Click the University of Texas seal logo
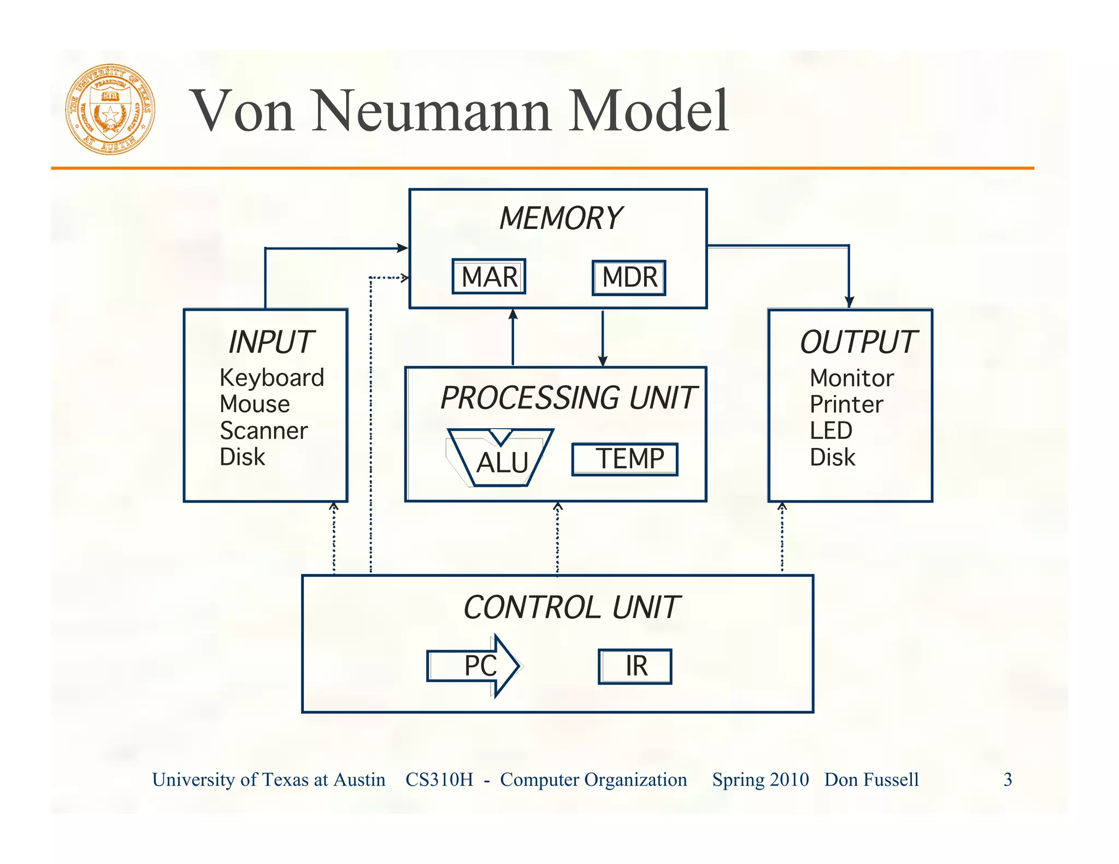pos(110,109)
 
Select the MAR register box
pos(489,277)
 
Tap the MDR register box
pos(629,277)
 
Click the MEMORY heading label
pos(561,218)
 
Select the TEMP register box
pos(625,459)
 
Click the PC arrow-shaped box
pos(473,666)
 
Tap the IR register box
pos(635,666)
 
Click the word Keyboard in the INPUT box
pos(272,378)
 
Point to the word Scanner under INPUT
pos(263,431)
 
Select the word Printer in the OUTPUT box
pos(846,405)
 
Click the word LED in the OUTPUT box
pos(831,431)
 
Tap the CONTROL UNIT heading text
pos(571,608)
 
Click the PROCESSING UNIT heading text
pos(568,398)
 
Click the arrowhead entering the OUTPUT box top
pos(849,301)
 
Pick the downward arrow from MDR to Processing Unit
pos(603,339)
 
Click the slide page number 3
pos(1008,779)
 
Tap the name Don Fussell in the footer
pos(871,779)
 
